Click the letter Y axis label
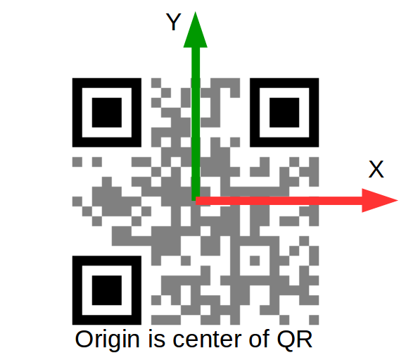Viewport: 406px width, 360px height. click(173, 22)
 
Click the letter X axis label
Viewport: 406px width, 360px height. click(376, 169)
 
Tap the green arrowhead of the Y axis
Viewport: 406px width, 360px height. click(195, 30)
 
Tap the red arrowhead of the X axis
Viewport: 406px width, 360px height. click(379, 200)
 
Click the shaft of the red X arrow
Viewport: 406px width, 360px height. click(279, 201)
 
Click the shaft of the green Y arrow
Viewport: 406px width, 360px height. click(196, 124)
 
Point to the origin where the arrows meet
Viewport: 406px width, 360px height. click(196, 201)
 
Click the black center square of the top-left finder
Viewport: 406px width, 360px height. click(107, 113)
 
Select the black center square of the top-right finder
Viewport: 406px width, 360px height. click(284, 113)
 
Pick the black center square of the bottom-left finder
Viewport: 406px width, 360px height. click(107, 290)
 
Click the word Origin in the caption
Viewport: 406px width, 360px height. click(107, 340)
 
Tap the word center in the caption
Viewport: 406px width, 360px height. click(207, 340)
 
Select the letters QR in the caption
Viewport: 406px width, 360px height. click(295, 339)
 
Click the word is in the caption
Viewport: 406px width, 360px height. click(157, 339)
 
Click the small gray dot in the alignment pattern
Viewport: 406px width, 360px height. click(255, 261)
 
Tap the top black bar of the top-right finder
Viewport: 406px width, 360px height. click(284, 83)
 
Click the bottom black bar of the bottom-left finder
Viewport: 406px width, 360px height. click(107, 320)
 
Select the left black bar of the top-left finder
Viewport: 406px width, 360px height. click(77, 113)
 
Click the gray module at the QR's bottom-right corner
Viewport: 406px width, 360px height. click(314, 320)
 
